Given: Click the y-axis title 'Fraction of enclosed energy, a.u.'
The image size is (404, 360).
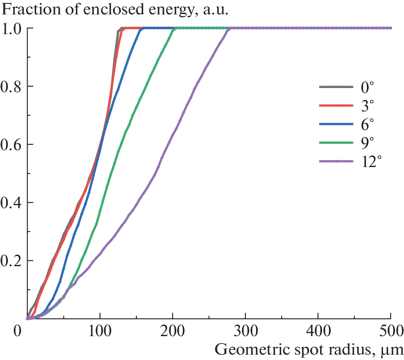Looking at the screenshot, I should [x=115, y=9].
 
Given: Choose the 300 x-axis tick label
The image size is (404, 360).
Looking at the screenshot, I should [x=245, y=331].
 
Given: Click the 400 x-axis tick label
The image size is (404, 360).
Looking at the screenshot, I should [x=318, y=331].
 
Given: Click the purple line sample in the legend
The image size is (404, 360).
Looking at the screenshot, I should [x=336, y=162].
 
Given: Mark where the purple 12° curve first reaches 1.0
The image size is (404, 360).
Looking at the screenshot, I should [x=231, y=28].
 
